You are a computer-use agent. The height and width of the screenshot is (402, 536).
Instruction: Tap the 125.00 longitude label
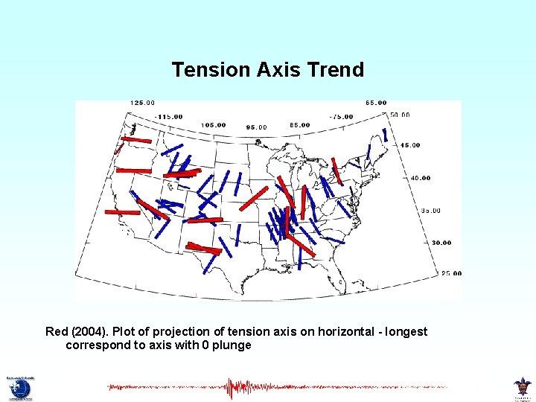tap(142, 103)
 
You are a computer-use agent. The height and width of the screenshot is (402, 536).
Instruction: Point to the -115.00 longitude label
tap(170, 117)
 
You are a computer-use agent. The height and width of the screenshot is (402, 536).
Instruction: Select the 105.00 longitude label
tap(212, 125)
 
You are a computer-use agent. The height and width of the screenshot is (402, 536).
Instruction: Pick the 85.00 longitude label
tap(299, 125)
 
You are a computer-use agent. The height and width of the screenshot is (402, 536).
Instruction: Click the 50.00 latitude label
tap(399, 115)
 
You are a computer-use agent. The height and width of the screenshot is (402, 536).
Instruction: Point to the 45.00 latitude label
tap(409, 145)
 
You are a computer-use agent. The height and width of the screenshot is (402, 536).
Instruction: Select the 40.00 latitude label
tap(420, 178)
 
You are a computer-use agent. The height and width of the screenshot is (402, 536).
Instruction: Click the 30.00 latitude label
tap(441, 243)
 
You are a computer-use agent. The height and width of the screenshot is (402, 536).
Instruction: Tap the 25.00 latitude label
tap(451, 273)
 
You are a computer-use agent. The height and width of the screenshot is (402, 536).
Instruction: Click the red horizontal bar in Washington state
tap(136, 139)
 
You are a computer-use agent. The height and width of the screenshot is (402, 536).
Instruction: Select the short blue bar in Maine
tap(385, 135)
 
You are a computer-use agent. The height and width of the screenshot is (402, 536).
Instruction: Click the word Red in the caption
tap(57, 331)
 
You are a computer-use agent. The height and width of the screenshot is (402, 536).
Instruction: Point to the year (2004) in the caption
tap(90, 331)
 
